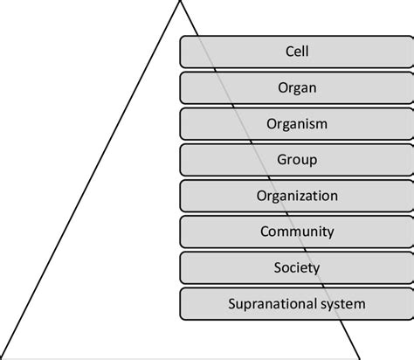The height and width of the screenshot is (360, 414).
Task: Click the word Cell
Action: (297, 52)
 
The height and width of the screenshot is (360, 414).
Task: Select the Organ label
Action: (297, 88)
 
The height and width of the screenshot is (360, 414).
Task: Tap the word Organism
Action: (297, 124)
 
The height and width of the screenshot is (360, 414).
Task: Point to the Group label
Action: (297, 160)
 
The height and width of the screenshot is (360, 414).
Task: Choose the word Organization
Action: (297, 196)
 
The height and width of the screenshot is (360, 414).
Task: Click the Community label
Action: (297, 232)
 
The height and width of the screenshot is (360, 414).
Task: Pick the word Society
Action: (297, 268)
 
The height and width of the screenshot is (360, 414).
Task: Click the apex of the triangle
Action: (180, 1)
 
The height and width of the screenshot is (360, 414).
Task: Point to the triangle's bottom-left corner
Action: (2, 357)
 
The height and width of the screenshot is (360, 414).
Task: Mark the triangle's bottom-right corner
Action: (360, 357)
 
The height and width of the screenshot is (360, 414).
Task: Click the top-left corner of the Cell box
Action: (181, 37)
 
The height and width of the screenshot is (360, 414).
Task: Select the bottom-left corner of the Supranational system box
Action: (181, 320)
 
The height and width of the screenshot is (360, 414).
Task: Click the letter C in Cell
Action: (289, 52)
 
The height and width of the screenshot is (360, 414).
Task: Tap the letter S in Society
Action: (278, 267)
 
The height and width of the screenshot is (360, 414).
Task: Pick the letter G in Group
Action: (281, 159)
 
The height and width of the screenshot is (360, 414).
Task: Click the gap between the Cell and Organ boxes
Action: (297, 70)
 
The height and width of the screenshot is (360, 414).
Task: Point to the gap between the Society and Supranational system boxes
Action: (297, 286)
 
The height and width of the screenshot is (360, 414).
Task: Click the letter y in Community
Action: (331, 233)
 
